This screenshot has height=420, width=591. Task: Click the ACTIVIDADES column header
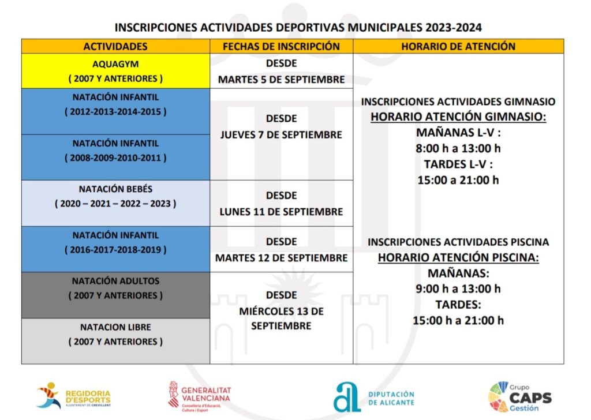115,46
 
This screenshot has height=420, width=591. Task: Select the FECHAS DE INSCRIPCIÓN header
281,46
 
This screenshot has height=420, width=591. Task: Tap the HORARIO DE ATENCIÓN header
458,46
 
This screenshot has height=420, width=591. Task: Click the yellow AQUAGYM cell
115,71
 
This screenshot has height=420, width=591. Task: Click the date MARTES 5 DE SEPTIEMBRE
281,80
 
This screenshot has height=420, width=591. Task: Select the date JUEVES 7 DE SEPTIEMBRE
281,134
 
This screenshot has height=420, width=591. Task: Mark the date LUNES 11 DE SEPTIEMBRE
281,212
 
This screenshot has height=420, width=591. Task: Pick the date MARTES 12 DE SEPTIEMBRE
281,258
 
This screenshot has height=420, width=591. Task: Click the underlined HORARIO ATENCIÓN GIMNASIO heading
458,117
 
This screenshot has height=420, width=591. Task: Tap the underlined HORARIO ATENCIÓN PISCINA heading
458,257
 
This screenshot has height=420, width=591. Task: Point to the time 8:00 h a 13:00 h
458,148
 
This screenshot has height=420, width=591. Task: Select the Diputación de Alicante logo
374,397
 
